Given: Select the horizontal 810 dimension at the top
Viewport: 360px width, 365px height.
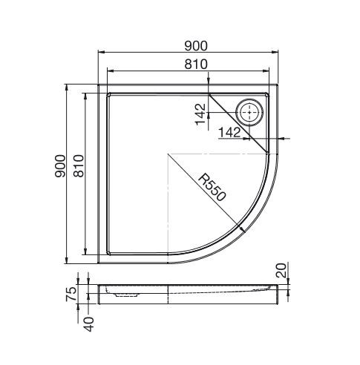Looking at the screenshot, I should tap(195, 64).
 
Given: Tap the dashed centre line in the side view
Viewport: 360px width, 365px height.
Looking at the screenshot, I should tap(168, 293).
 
